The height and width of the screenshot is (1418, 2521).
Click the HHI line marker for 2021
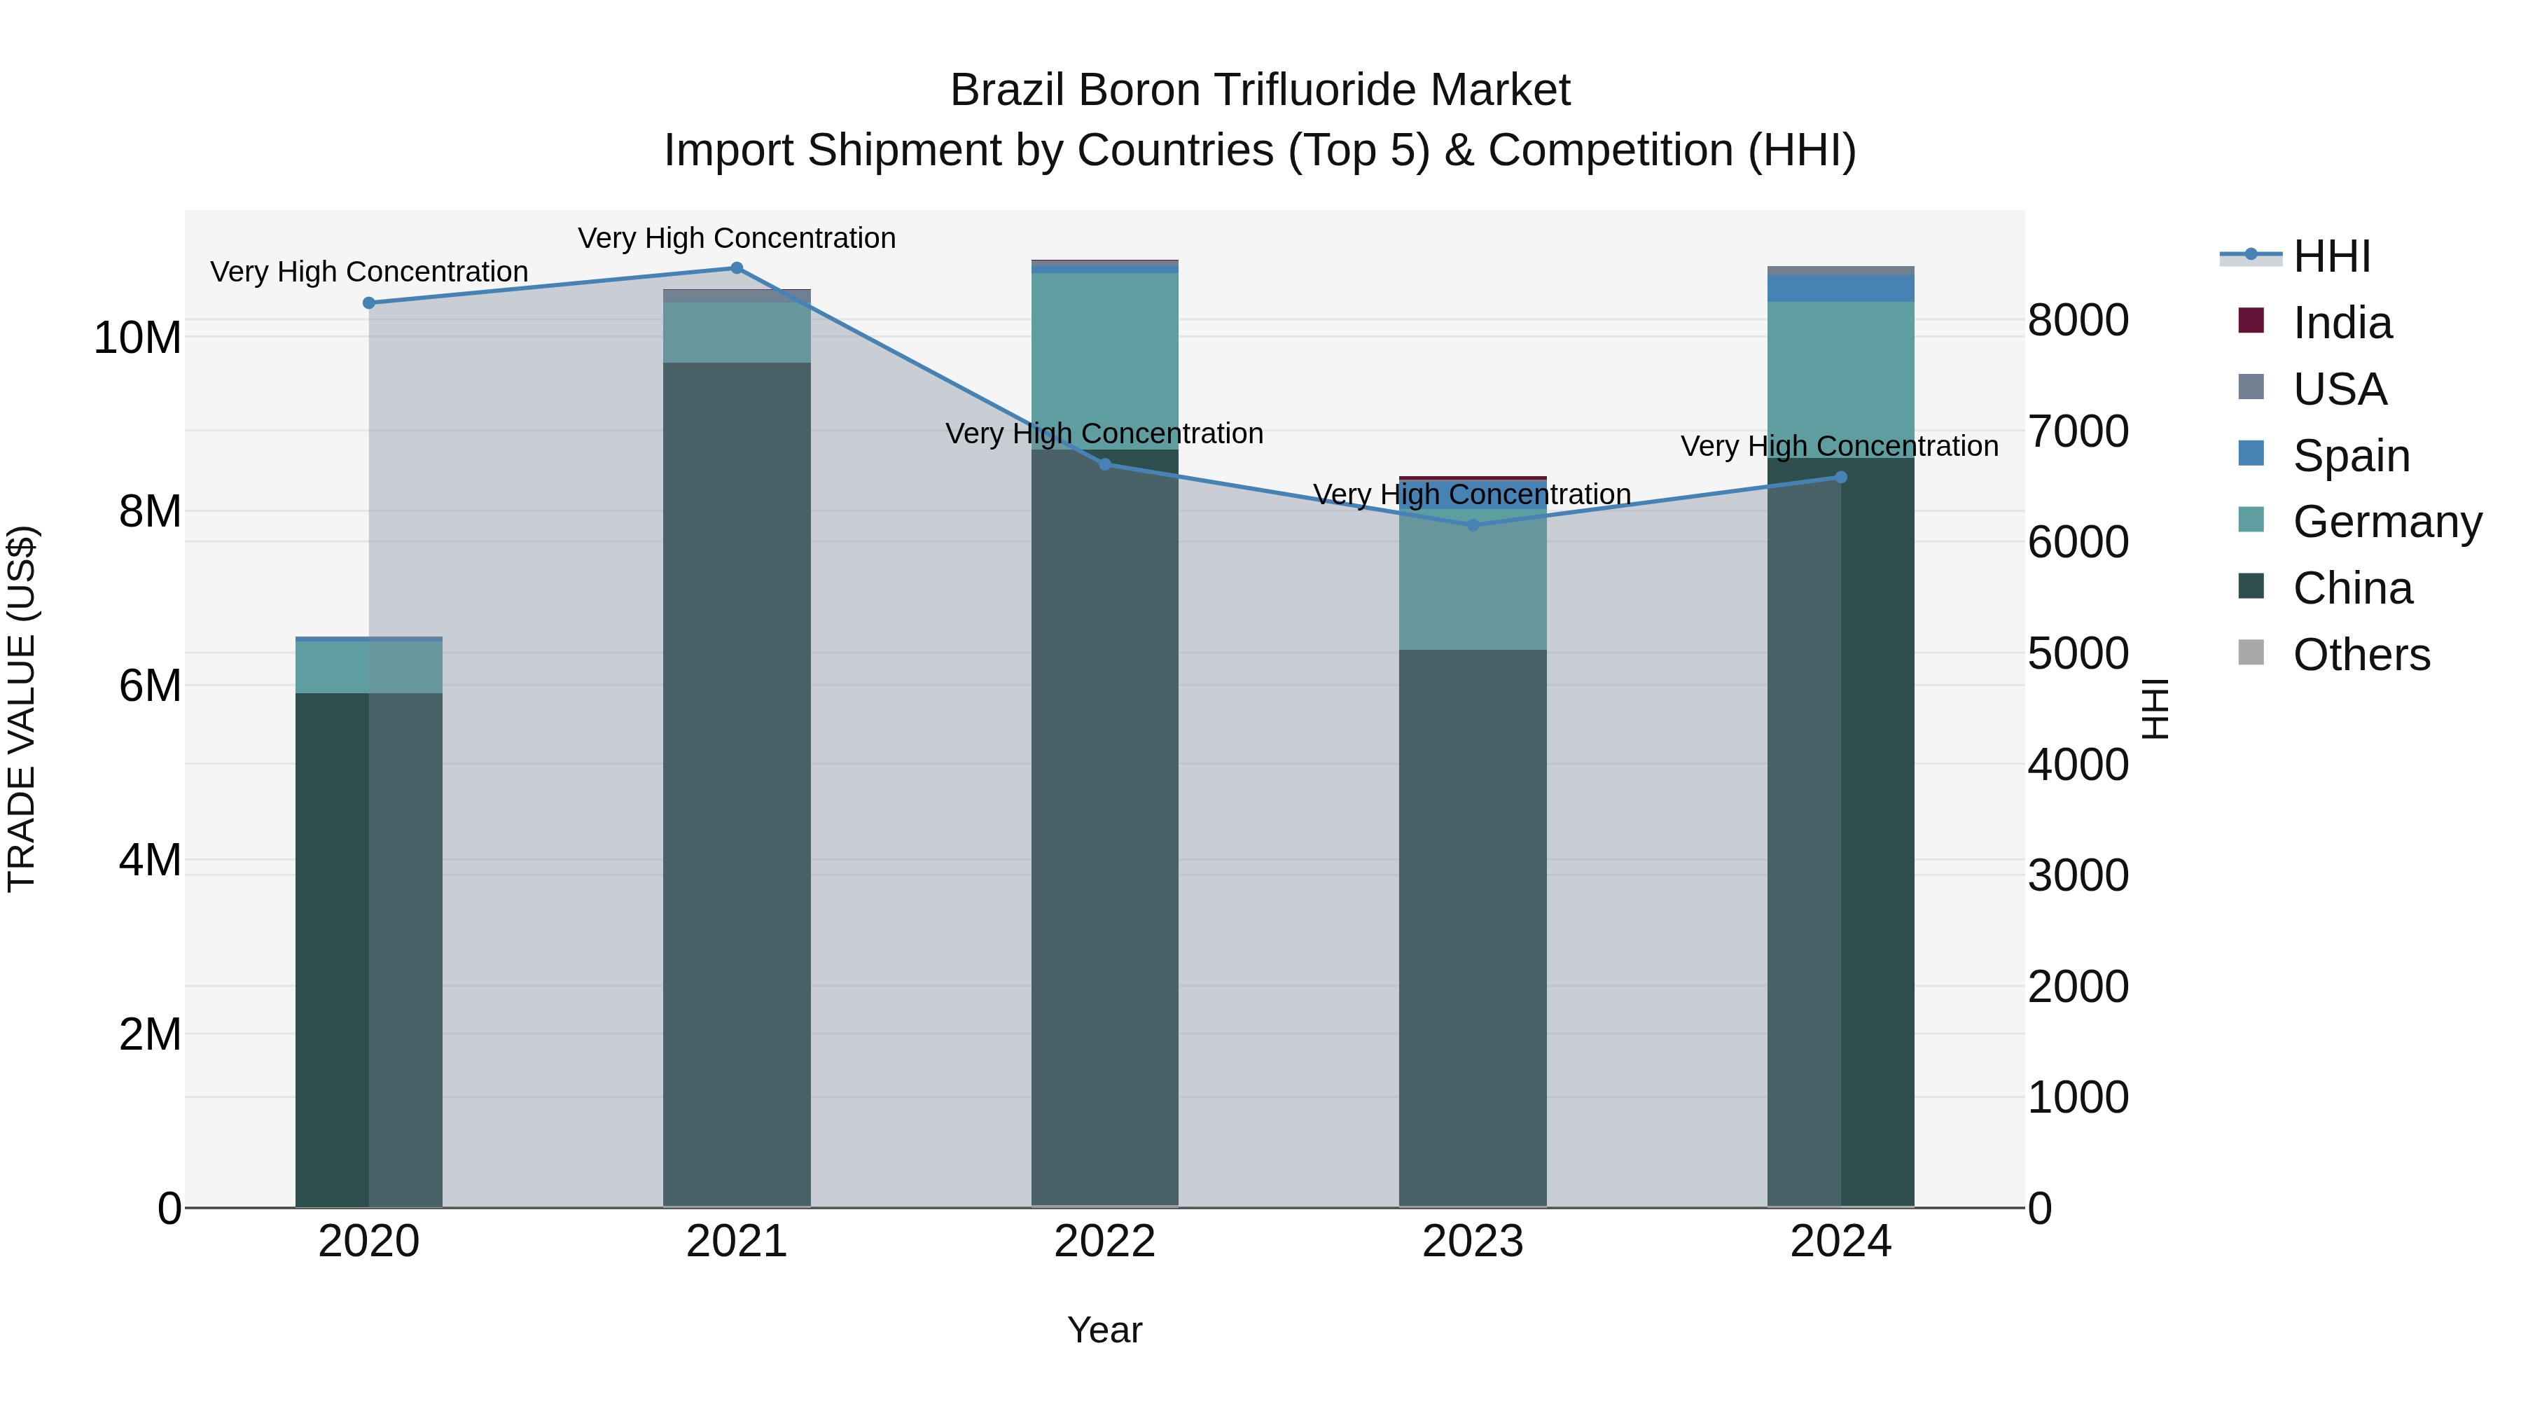coord(737,268)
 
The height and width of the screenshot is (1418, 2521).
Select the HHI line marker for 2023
coord(1473,525)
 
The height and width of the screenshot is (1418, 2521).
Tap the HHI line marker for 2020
coord(369,303)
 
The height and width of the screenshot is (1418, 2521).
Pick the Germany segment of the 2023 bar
coord(1473,579)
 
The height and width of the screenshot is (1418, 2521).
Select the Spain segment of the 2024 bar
coord(1841,289)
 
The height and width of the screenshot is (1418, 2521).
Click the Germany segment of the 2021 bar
coord(737,333)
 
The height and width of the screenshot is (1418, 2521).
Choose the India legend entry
coord(2342,323)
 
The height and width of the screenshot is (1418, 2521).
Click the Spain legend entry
coord(2351,456)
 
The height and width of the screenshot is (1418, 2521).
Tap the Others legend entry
coord(2361,655)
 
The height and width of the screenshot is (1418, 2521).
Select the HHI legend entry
coord(2331,256)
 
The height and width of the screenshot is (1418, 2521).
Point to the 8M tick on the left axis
coord(150,512)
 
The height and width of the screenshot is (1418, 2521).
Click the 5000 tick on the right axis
coord(2078,654)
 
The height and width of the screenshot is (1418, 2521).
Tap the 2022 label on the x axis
coord(1105,1242)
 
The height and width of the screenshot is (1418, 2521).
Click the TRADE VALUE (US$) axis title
coord(22,709)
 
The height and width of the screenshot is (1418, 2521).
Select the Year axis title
coord(1105,1330)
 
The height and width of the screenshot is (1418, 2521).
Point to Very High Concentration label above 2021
coord(737,238)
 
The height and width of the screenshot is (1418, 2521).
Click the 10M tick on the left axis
coord(137,338)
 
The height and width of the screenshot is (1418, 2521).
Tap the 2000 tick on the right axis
coord(2078,987)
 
